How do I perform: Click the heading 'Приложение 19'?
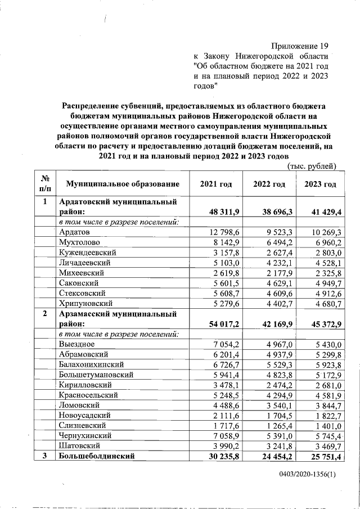pyautogui.click(x=299, y=46)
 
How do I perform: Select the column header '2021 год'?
pyautogui.click(x=216, y=184)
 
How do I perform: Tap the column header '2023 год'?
pyautogui.click(x=320, y=184)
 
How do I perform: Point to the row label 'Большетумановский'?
pyautogui.click(x=96, y=375)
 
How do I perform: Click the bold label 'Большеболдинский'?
pyautogui.click(x=97, y=456)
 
